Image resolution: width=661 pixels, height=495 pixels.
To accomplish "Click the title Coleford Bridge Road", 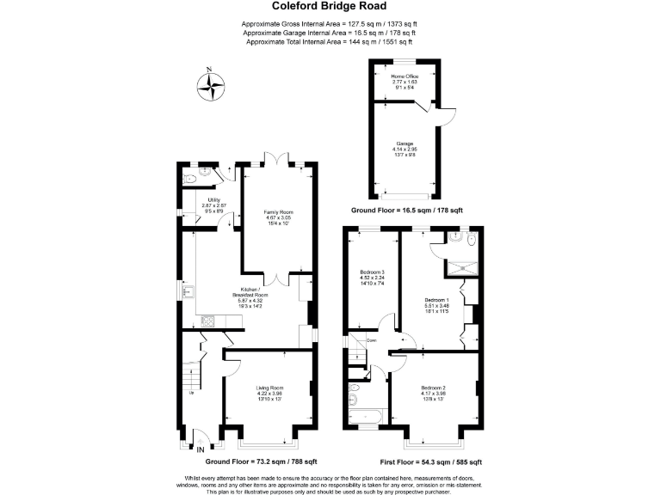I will [330, 7].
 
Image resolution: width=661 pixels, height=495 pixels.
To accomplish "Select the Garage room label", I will [405, 148].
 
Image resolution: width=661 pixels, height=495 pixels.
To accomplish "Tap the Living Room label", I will [269, 394].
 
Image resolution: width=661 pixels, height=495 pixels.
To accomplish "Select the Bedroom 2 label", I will [433, 394].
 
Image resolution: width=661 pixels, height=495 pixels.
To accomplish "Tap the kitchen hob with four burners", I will [208, 321].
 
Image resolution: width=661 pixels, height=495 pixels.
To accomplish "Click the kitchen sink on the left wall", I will [187, 291].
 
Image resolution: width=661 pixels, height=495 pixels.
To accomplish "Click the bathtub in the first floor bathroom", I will [366, 419].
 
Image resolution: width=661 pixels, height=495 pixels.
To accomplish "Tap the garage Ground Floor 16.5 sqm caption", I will [406, 210].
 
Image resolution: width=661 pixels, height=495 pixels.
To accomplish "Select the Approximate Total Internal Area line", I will [330, 41].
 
